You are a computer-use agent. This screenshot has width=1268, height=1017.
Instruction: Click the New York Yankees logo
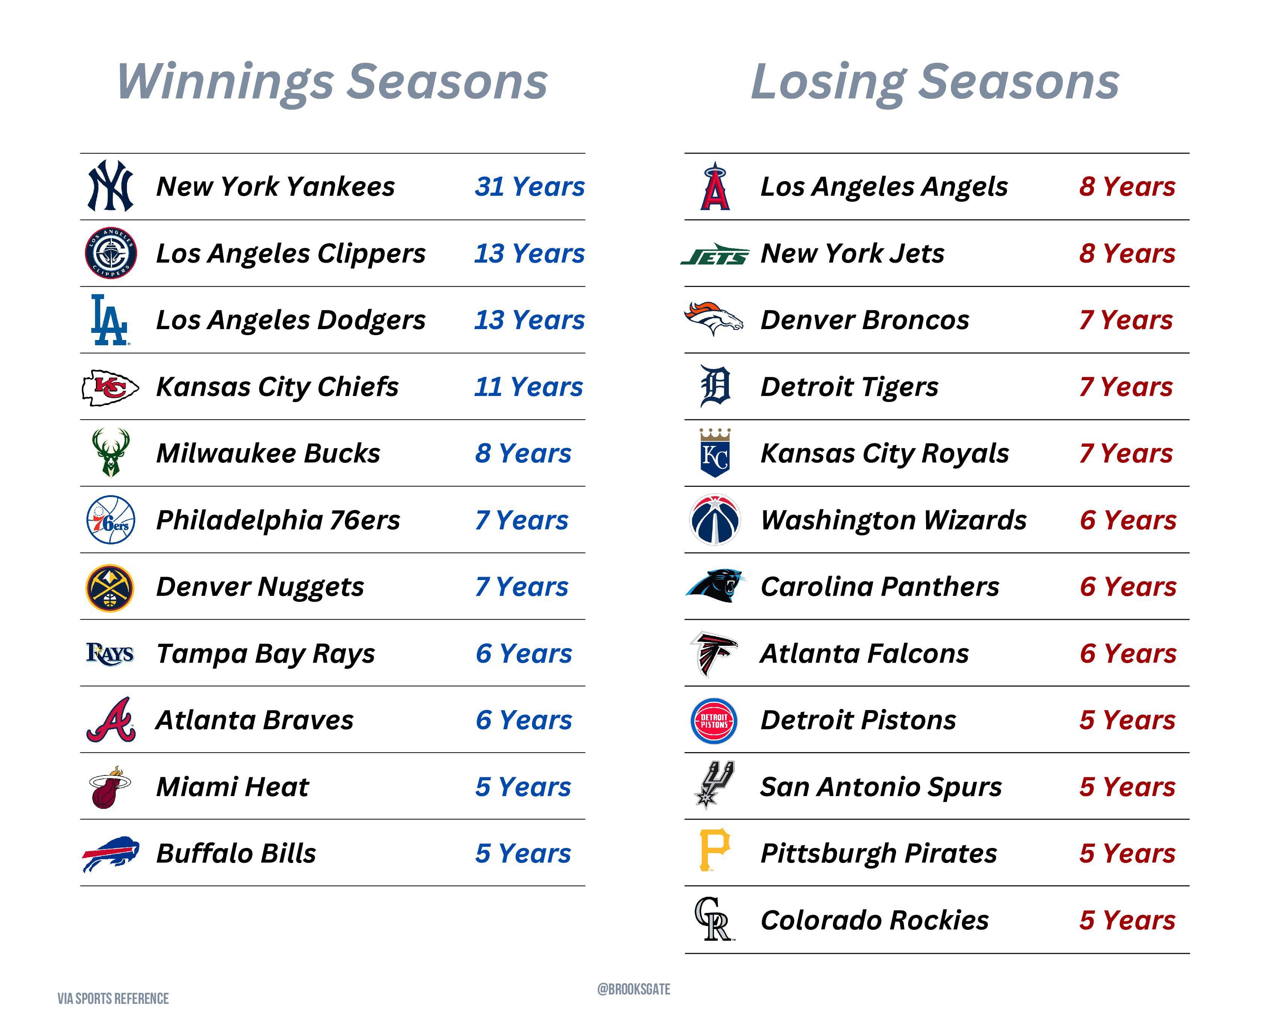(110, 186)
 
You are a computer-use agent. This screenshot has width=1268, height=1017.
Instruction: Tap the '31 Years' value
(530, 186)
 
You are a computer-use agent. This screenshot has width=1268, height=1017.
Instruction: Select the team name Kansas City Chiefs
(277, 387)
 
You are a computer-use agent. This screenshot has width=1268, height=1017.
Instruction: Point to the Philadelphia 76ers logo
(110, 520)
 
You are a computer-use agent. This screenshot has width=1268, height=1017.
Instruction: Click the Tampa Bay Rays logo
(110, 653)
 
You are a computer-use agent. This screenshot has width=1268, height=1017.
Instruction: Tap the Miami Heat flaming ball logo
(110, 787)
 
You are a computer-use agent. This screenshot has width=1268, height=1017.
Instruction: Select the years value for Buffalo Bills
(523, 854)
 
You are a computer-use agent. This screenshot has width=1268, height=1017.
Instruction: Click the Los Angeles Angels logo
(715, 186)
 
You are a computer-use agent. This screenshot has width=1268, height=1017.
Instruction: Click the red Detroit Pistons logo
(714, 721)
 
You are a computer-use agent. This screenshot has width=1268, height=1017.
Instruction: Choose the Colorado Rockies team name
(875, 920)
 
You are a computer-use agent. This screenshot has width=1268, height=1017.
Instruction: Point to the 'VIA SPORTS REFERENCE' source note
(113, 999)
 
